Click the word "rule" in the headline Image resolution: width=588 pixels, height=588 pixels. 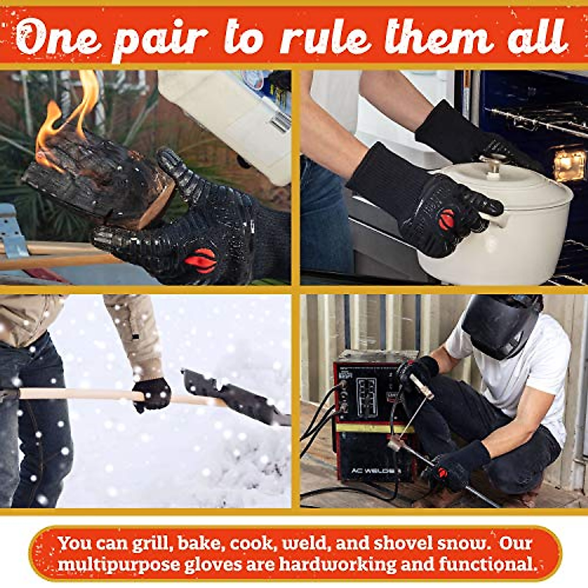[325, 37]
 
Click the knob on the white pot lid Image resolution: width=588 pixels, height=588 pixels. [492, 164]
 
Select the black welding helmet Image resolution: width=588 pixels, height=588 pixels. [500, 323]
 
